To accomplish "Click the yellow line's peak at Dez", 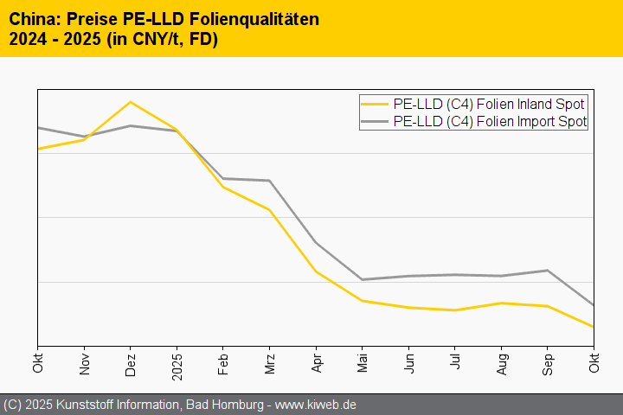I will [x=130, y=102].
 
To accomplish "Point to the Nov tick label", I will [x=84, y=363].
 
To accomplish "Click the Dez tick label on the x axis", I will [x=131, y=363].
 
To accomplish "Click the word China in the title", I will [x=32, y=19].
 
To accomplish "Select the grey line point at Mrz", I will [x=270, y=181].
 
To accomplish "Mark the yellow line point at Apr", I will [x=317, y=271].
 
